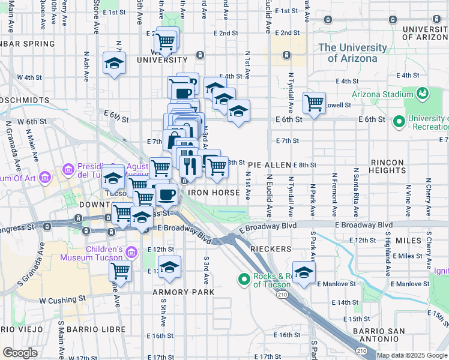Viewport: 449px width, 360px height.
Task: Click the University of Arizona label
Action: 353,53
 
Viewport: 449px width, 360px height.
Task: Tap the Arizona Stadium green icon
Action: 423,94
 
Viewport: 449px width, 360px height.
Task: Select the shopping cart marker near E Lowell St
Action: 314,103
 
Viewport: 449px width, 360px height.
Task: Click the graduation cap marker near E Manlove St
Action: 304,272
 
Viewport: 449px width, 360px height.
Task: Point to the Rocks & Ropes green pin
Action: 244,280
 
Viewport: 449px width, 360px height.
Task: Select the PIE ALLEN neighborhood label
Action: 270,164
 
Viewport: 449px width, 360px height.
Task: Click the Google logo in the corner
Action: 20,353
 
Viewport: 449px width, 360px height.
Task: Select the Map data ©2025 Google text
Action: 412,355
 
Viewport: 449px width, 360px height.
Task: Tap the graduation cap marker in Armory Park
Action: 169,267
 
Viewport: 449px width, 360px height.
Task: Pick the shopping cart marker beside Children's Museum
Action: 121,271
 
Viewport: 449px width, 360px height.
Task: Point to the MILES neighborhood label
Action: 409,241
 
